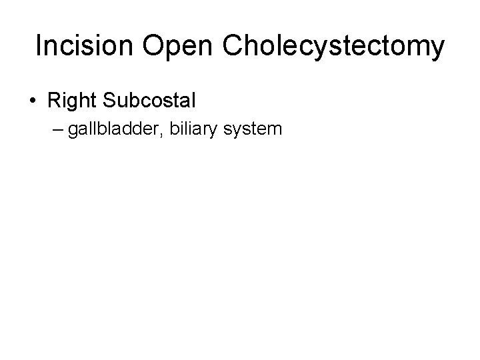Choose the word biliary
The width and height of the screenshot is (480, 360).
(x=193, y=129)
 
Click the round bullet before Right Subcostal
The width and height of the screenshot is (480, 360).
(x=33, y=102)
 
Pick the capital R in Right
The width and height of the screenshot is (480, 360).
(x=53, y=101)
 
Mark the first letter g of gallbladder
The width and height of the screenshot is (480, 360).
(x=72, y=130)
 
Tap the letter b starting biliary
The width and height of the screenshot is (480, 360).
(x=175, y=127)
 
